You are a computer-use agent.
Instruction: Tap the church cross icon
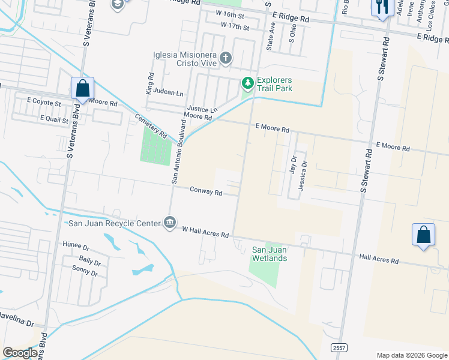click(226, 58)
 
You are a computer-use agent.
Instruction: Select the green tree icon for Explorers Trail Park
click(247, 82)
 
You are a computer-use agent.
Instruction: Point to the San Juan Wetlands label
click(269, 254)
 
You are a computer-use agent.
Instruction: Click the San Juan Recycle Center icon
click(170, 223)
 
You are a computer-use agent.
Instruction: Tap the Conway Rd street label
click(206, 193)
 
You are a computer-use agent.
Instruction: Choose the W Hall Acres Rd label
click(206, 232)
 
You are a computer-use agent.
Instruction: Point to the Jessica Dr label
click(304, 173)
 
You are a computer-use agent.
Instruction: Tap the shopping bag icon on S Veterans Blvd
click(82, 88)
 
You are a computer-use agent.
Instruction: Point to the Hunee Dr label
click(76, 245)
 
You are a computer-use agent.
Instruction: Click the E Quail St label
click(56, 118)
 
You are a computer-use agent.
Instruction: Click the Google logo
click(20, 353)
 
